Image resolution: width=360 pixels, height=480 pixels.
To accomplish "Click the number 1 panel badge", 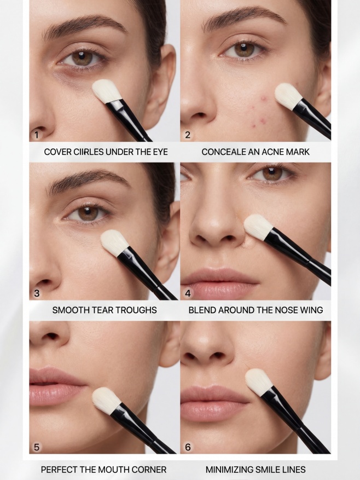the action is coord(37,135).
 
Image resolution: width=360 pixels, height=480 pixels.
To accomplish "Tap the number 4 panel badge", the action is coord(188,293).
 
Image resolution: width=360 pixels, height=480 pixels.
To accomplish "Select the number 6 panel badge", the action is coord(188,447).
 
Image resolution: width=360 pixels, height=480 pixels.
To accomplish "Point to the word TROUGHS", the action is coord(138,310).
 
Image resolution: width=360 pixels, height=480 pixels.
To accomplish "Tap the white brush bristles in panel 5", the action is coord(107,400).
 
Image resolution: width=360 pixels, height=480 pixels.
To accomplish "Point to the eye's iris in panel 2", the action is coord(244,49).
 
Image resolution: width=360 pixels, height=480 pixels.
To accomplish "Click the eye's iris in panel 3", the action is coord(88,213).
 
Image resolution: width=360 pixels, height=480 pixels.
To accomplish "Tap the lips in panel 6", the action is coord(214,403).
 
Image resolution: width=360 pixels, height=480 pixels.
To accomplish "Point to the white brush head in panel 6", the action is coord(259,381).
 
